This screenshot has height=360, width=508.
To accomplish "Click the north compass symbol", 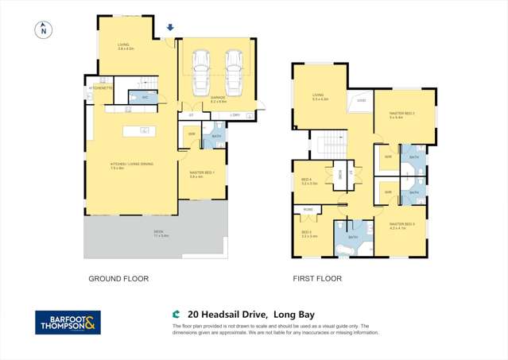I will [x=43, y=30].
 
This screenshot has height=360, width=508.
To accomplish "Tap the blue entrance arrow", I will [x=169, y=29].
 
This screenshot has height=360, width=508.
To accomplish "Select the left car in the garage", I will [x=200, y=71].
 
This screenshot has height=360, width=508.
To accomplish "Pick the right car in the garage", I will [x=234, y=71].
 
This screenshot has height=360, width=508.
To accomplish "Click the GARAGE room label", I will [x=219, y=99].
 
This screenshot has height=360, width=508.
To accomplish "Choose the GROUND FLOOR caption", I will [x=118, y=279].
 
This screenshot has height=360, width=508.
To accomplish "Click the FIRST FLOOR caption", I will [x=317, y=279].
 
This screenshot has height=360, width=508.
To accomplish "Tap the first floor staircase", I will [x=328, y=145].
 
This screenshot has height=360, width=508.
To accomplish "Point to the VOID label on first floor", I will [x=360, y=101].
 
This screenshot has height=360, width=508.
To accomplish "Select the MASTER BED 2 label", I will [x=404, y=114].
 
